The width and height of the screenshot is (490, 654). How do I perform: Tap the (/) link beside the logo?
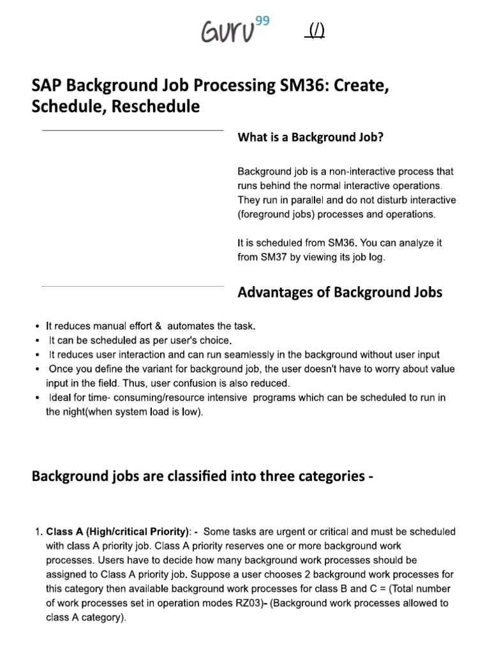pos(316,31)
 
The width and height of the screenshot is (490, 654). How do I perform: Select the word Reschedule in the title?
pos(155,107)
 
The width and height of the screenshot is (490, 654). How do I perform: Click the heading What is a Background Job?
pos(310,137)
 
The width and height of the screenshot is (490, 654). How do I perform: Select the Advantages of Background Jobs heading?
pos(339,293)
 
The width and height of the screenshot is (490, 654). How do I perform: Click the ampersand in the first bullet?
pos(159,326)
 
